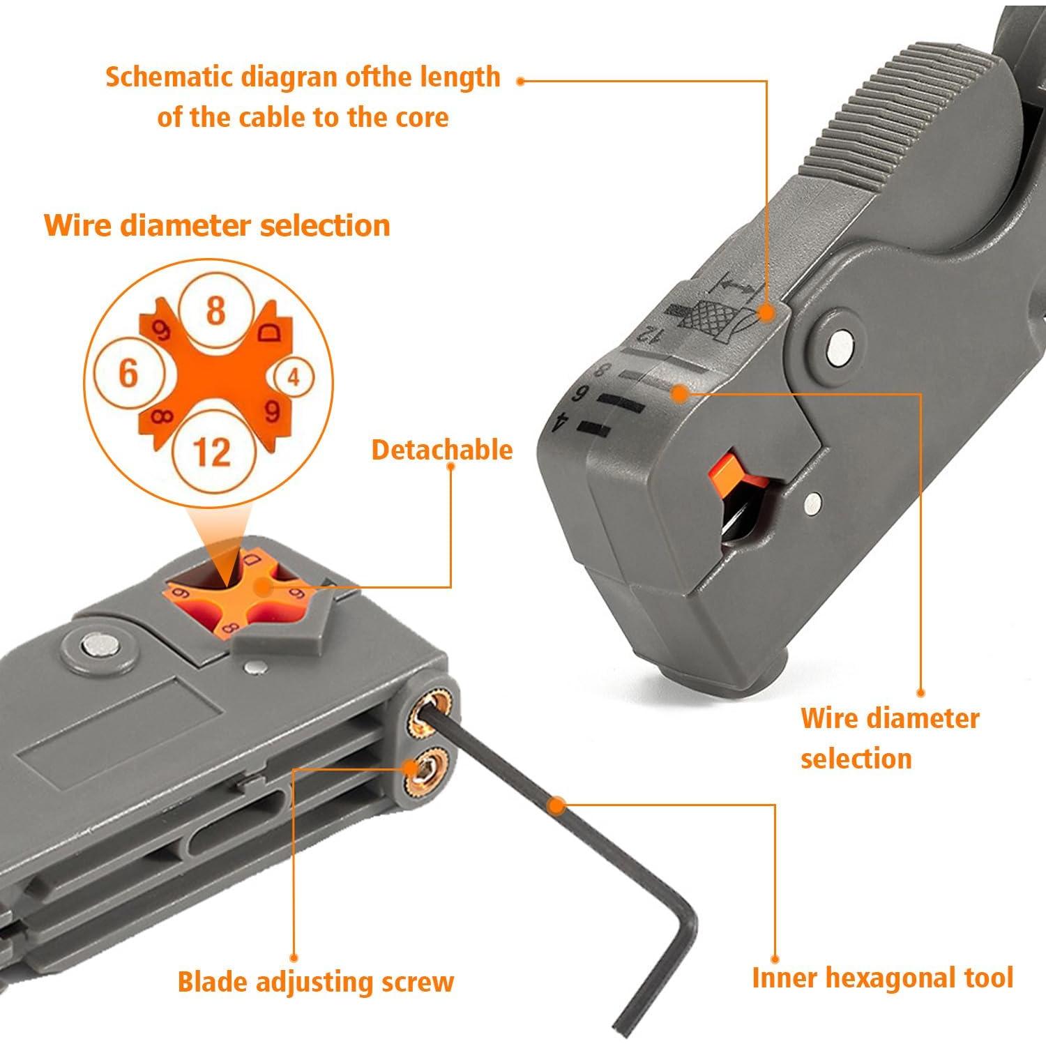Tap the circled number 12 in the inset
(x=211, y=451)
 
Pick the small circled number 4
(x=293, y=377)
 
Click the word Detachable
(x=441, y=450)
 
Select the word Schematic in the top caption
(x=169, y=77)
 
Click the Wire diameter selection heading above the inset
(x=217, y=225)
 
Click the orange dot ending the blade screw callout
(x=294, y=958)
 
